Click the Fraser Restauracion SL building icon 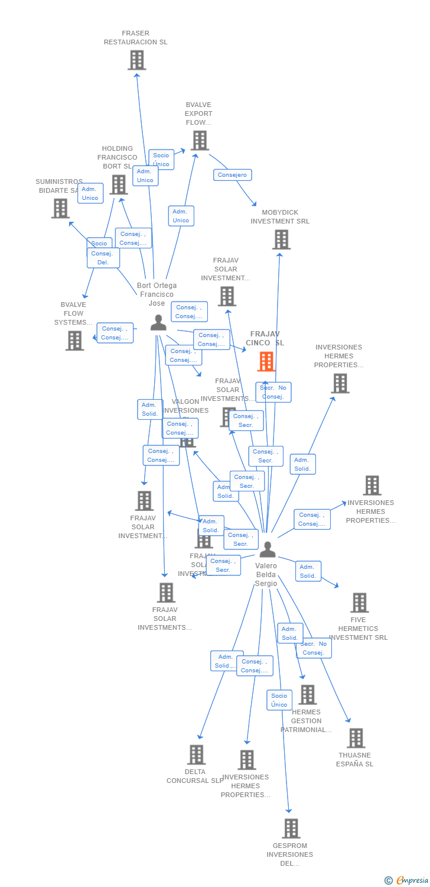[136, 60]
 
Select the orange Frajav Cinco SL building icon [266, 361]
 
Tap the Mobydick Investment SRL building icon [281, 239]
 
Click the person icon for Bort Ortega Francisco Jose [158, 323]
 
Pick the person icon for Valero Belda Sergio [268, 549]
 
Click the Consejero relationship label [232, 175]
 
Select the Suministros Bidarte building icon [60, 208]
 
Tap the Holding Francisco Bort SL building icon [118, 184]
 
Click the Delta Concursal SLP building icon [196, 755]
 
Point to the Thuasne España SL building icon [356, 738]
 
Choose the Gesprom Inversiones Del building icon [291, 828]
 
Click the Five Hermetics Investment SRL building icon [359, 603]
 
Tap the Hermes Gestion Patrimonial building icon [307, 695]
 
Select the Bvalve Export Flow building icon [200, 141]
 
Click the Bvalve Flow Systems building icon [74, 341]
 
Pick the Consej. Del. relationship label [103, 258]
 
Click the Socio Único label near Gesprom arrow [279, 700]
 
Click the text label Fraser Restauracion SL [135, 38]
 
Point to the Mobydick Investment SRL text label [280, 217]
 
